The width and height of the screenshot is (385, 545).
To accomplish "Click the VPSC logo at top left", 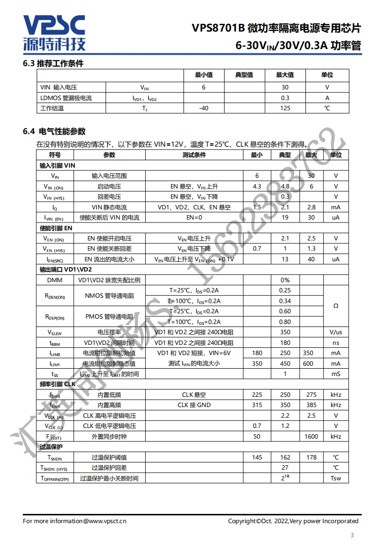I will pos(54,33).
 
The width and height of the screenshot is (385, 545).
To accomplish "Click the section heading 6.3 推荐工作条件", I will pos(53,64).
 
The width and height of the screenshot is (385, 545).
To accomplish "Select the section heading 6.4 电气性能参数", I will pos(54,131).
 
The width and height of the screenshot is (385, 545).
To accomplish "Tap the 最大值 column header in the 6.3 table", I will pos(285,75).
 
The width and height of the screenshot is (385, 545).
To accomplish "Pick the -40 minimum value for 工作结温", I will pos(204,108).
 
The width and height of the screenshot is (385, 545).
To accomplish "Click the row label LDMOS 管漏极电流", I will pos(66,98).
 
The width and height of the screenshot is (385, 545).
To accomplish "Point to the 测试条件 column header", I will pos(194,155).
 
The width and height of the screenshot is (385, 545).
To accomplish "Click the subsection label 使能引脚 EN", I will pos(56,228).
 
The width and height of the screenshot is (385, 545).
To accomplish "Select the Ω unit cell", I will pos(335,306).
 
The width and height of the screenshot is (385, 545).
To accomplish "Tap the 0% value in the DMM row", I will pos(285,280).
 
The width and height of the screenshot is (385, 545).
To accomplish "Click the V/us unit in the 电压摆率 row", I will pos(335,332).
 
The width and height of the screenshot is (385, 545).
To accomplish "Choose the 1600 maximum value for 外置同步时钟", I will pos(311,437).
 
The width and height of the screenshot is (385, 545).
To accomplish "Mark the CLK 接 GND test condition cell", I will pos(194,405).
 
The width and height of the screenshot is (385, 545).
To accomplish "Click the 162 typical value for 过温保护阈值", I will pos(285,458).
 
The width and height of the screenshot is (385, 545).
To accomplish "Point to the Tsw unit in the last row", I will pos(335,478).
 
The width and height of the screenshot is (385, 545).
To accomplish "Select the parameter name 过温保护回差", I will pos(109,468).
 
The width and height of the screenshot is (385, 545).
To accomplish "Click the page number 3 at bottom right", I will pos(352,535).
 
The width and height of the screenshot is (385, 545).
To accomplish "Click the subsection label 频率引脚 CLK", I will pos(57,384).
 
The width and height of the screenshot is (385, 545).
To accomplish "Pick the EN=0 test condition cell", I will pos(194,218).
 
